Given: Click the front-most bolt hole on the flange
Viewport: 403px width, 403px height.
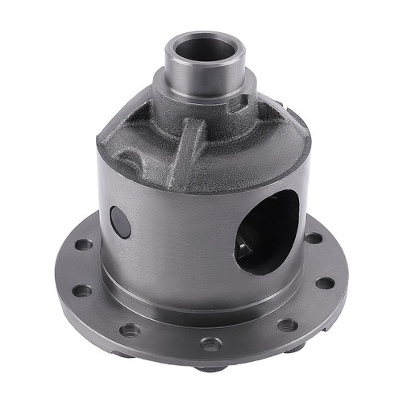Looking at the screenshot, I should click(x=211, y=344).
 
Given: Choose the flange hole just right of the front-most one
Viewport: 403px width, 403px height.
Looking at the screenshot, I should click(x=287, y=325).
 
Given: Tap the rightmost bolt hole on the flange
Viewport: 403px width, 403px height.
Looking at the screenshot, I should click(x=324, y=283).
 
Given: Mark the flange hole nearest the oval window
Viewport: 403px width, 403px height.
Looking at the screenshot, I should click(x=314, y=239).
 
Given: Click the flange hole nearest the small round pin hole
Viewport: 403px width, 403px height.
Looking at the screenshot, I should click(x=85, y=243).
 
